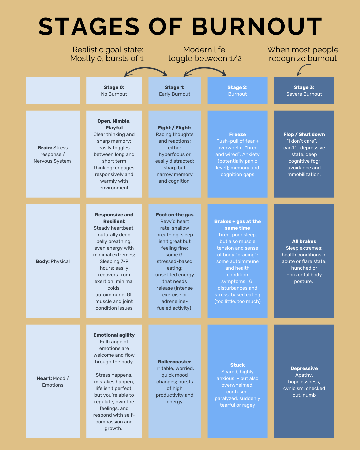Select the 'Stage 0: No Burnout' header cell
(x=114, y=91)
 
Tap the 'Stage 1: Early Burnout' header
(x=175, y=91)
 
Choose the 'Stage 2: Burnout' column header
(x=237, y=91)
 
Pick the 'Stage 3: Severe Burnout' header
(x=304, y=91)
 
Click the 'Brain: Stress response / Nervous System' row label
(x=53, y=154)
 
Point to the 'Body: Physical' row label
(x=53, y=261)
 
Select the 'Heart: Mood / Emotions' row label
(x=53, y=382)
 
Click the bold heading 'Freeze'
(x=237, y=134)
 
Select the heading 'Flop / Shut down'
(x=304, y=134)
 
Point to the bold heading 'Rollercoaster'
(x=175, y=362)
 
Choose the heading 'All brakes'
(x=304, y=241)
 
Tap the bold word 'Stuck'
(x=237, y=365)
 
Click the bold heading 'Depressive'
(x=304, y=368)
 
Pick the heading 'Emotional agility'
(x=114, y=335)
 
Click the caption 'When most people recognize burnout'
(x=303, y=54)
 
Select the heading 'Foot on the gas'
(x=175, y=215)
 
